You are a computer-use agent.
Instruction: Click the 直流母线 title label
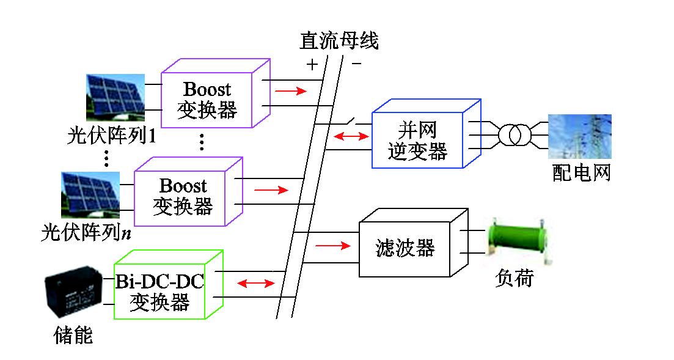[339, 40]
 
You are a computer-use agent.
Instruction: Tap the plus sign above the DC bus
[312, 63]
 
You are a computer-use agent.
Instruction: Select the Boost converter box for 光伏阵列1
[208, 97]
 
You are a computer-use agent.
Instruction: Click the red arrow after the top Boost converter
[290, 92]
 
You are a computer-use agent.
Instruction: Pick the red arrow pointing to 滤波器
[333, 246]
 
